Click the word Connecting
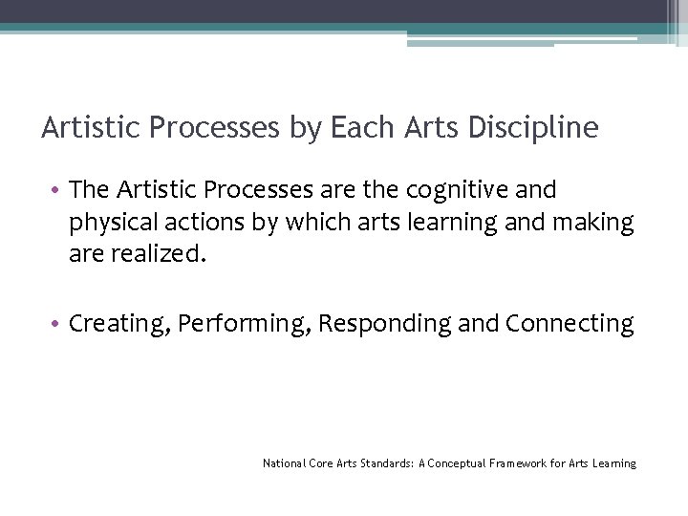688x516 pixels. pos(570,324)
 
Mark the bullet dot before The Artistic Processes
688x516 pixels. pos(57,190)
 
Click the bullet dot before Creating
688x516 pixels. pos(57,324)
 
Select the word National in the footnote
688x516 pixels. pos(285,463)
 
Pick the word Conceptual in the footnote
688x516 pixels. pos(458,463)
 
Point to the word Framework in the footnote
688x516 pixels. pos(520,463)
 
